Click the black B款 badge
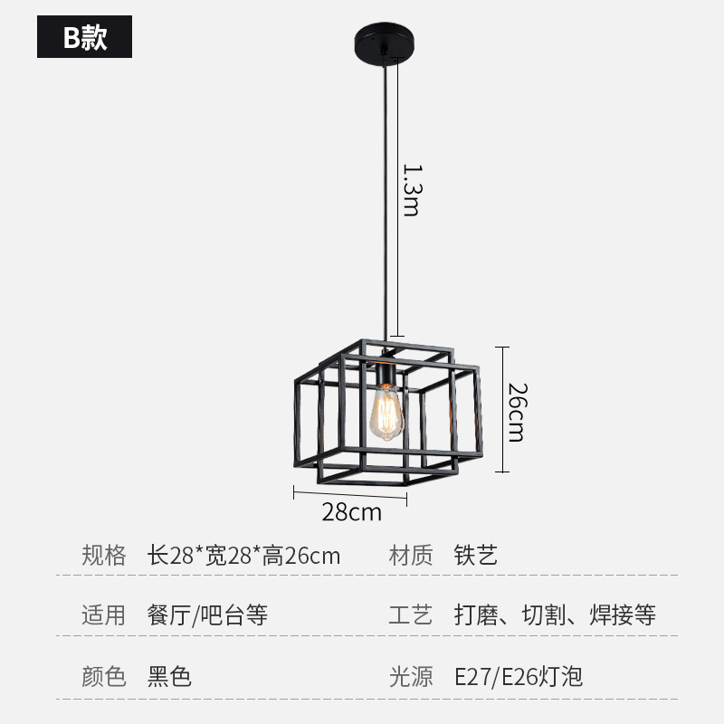pos(84,38)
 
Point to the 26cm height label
pos(516,412)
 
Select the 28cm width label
pos(352,513)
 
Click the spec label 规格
pos(104,555)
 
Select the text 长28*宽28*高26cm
pos(244,555)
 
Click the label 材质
pos(411,555)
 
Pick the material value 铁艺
pos(476,555)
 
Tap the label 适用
pos(104,615)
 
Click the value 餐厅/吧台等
pos(207,615)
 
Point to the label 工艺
pos(411,615)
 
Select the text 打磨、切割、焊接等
pos(555,615)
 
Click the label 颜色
pos(104,676)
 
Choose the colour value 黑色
pos(169,676)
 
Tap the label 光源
pos(411,676)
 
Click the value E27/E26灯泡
pos(519,676)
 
